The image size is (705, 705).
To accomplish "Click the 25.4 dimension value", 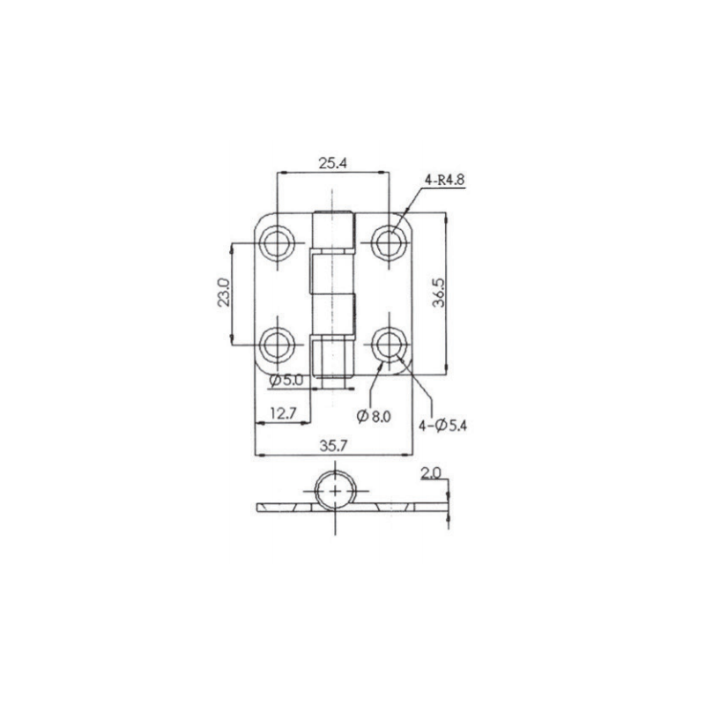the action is [333, 163].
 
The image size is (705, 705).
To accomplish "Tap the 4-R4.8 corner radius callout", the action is [444, 180].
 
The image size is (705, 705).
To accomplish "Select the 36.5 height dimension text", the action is [438, 293].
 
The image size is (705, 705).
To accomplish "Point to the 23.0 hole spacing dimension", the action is [224, 293].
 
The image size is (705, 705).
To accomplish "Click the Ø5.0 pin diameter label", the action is [286, 381].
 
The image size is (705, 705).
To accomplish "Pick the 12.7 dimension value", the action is [283, 412].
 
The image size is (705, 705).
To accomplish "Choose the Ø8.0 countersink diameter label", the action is [374, 416].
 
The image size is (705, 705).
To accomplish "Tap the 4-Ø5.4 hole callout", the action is [443, 425].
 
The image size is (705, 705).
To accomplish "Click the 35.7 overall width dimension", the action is [333, 446].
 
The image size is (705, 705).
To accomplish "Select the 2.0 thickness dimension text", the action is [431, 473].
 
